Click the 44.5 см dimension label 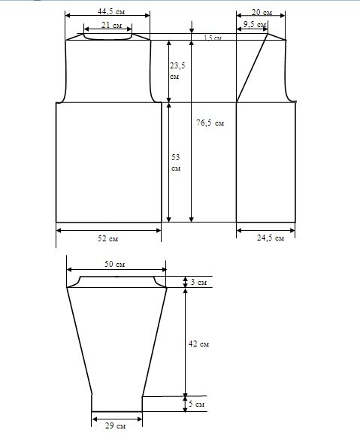click(111, 11)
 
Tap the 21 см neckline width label click(111, 25)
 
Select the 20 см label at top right click(262, 13)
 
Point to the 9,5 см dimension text click(255, 25)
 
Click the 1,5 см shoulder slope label click(213, 38)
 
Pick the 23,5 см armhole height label click(177, 71)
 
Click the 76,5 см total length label click(210, 123)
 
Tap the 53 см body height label click(176, 162)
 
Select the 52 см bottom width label click(108, 238)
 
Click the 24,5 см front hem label click(271, 238)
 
